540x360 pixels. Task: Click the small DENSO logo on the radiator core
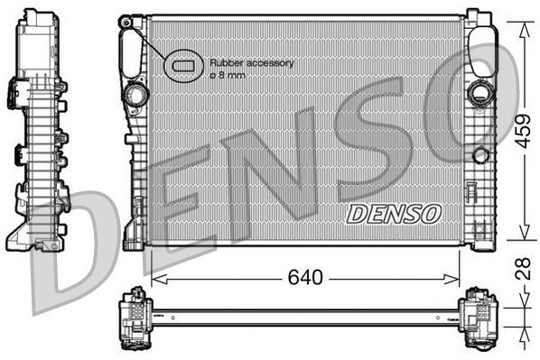tap(394, 213)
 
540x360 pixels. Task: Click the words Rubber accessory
tap(252, 62)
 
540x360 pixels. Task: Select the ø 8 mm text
tap(228, 75)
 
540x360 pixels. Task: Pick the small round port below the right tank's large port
tap(480, 155)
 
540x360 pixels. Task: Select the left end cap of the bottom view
tap(136, 317)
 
